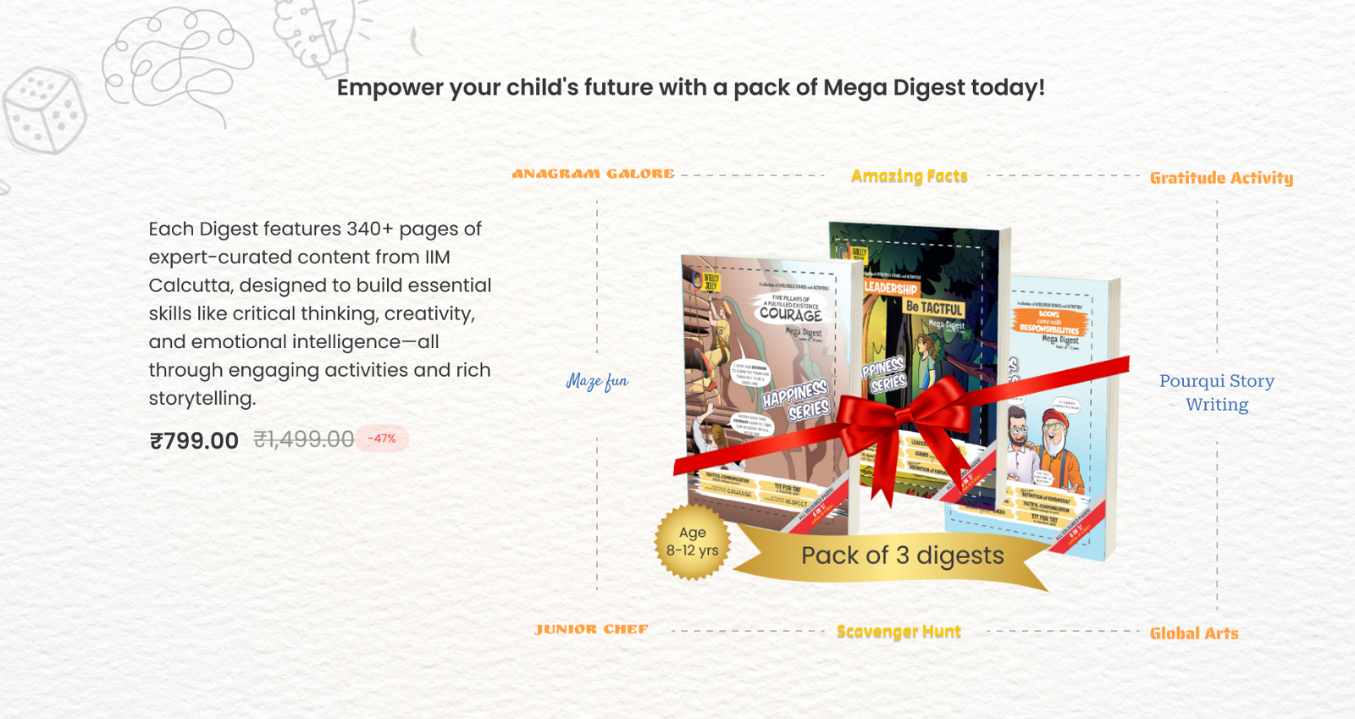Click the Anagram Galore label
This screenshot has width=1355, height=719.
tap(593, 174)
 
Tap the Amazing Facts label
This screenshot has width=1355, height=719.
tap(909, 176)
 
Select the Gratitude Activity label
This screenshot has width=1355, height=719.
tap(1220, 178)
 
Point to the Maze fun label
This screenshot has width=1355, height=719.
tap(597, 381)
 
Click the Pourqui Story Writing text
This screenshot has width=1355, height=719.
tap(1216, 392)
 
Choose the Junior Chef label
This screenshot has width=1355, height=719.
tap(591, 629)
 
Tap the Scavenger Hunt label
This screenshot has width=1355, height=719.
tap(899, 632)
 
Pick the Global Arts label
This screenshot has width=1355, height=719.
tap(1193, 633)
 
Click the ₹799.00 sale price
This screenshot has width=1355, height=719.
tap(194, 440)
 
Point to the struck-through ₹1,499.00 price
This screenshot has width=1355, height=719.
tap(303, 440)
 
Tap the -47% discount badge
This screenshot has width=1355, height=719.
tap(382, 439)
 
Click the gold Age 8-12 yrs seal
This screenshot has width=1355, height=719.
tap(692, 542)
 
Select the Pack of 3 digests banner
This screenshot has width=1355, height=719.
tap(902, 556)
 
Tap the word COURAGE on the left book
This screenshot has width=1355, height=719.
tap(790, 313)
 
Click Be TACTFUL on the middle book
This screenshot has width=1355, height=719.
tap(934, 307)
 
